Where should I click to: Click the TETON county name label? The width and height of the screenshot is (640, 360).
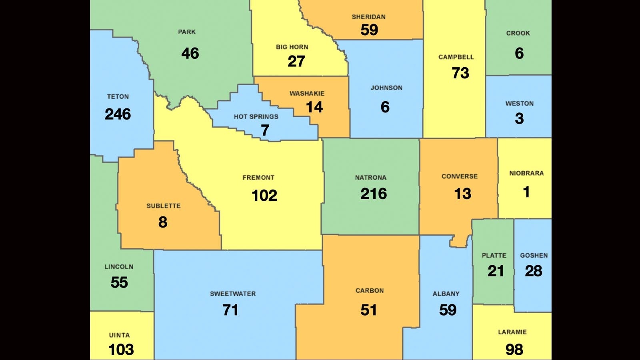click(x=118, y=97)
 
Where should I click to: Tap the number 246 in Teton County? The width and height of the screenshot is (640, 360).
click(x=118, y=114)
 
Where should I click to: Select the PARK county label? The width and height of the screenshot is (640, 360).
click(x=187, y=32)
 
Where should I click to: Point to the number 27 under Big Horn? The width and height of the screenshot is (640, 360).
click(x=296, y=62)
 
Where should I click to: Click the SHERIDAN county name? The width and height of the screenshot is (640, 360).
click(x=368, y=17)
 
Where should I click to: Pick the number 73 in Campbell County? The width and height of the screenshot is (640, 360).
click(x=460, y=73)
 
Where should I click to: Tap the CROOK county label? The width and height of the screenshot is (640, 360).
click(x=518, y=33)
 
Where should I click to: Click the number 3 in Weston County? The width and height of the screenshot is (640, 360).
click(x=519, y=119)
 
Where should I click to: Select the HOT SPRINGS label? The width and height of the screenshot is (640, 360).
click(x=256, y=117)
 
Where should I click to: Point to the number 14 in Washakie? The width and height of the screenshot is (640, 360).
click(x=314, y=107)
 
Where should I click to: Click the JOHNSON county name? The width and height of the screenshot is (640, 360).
click(x=386, y=88)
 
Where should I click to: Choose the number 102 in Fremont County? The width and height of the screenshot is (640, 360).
click(x=264, y=196)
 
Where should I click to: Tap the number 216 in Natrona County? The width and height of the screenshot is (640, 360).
click(x=374, y=194)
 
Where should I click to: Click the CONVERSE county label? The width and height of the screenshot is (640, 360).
click(x=459, y=176)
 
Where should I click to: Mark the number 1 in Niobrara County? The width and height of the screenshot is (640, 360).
click(x=526, y=192)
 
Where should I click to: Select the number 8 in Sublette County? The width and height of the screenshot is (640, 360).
click(x=163, y=222)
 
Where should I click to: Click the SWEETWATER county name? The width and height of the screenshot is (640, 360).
click(x=233, y=294)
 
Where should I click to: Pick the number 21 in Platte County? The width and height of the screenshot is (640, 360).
click(x=495, y=271)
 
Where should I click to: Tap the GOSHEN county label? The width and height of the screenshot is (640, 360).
click(x=534, y=256)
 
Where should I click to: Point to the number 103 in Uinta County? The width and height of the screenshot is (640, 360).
click(x=121, y=350)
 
